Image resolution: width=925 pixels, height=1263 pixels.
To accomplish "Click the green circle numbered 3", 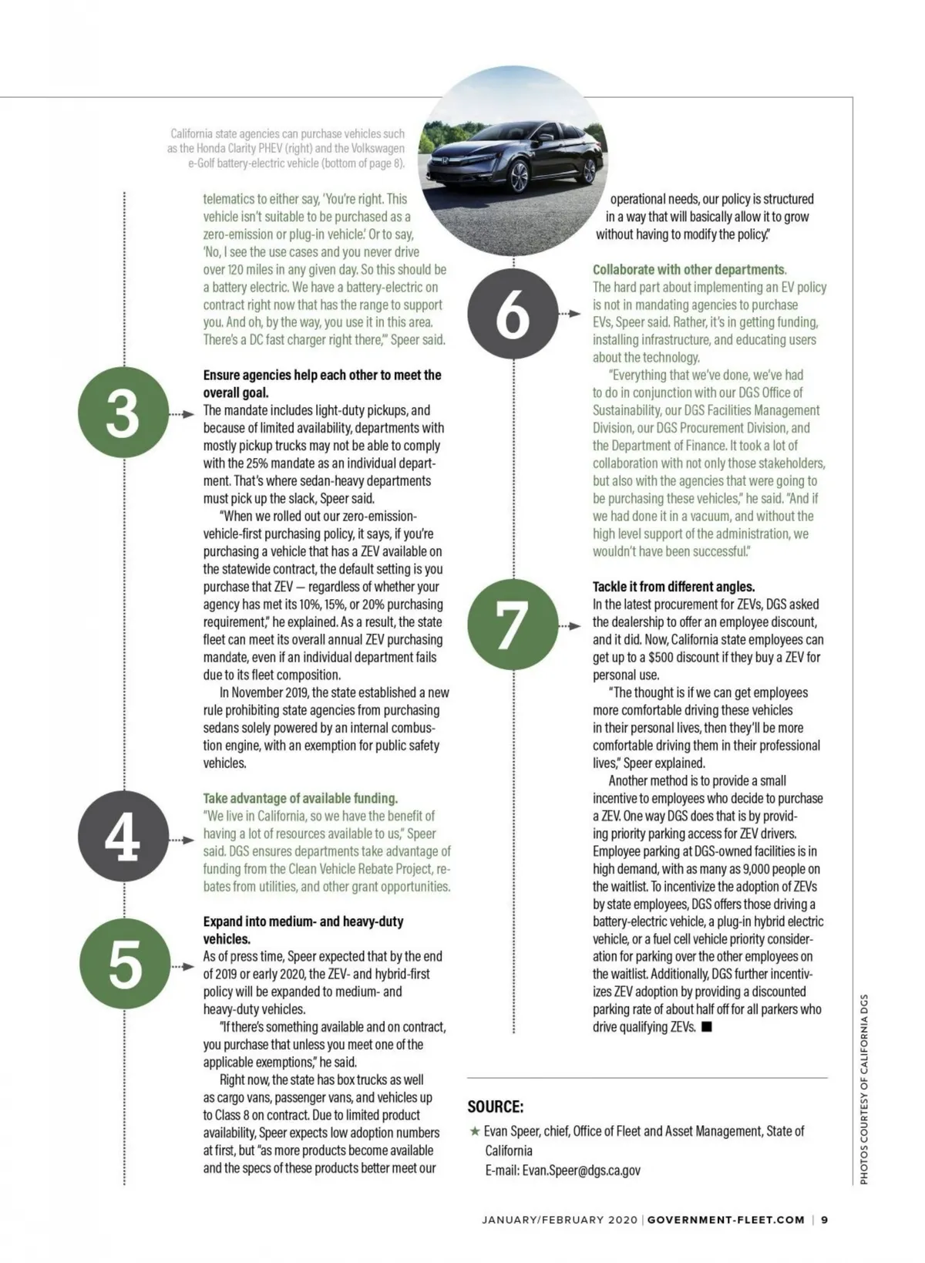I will click(123, 413).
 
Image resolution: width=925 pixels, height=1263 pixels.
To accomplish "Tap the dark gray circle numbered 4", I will click(123, 837).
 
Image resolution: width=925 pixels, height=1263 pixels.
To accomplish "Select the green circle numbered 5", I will click(123, 965).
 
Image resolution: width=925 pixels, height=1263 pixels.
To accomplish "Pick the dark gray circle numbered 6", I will click(513, 314).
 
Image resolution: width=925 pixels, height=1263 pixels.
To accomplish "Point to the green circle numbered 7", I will click(513, 623).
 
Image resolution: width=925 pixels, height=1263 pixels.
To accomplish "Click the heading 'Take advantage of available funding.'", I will click(301, 798).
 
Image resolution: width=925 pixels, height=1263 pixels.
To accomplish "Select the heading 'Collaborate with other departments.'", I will click(689, 270).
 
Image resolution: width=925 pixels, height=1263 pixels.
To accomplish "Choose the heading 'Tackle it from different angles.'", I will click(674, 587).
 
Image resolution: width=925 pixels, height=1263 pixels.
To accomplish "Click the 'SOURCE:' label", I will click(496, 1106).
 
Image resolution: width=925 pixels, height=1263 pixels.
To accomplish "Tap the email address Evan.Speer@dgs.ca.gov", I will click(581, 1170).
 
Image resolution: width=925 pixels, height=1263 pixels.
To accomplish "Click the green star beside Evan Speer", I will click(474, 1132).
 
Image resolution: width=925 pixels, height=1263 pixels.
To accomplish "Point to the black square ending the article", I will click(707, 1027).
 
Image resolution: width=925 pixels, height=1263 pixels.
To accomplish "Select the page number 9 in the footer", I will click(824, 1220).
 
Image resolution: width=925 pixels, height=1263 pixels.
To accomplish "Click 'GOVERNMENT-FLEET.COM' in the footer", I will click(725, 1220).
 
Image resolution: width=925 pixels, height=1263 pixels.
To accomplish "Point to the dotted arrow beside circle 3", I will click(182, 414).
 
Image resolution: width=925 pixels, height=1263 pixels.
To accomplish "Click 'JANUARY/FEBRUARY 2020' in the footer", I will click(560, 1220).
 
